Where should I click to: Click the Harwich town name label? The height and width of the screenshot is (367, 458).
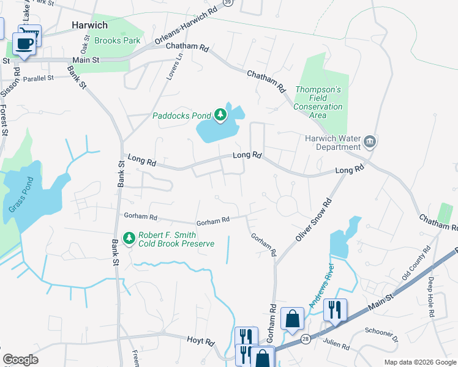[89, 25]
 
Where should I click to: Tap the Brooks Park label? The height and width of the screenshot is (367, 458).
[118, 41]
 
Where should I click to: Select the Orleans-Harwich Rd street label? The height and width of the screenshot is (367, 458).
[186, 26]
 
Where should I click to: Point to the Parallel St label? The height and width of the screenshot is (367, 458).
[39, 78]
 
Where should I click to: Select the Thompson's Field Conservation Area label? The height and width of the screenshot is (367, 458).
[318, 98]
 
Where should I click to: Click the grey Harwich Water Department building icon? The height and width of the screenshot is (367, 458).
[369, 142]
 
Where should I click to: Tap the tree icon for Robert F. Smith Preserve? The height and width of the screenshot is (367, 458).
[129, 238]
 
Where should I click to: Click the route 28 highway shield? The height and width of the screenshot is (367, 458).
[305, 338]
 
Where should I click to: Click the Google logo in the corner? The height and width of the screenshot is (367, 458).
[21, 360]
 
